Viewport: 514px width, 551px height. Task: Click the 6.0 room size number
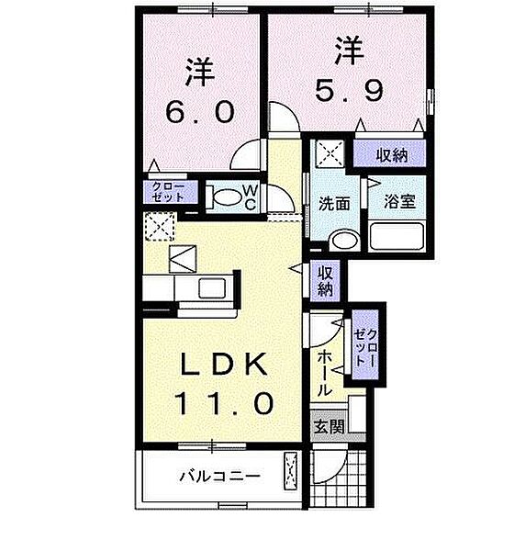click(x=201, y=112)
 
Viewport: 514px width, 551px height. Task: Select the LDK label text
click(x=224, y=365)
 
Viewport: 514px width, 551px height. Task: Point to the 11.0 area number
click(x=224, y=402)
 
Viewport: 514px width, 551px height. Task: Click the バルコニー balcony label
click(x=219, y=476)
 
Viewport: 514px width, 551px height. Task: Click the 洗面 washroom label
click(x=333, y=203)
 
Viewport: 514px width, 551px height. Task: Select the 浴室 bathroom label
click(x=399, y=202)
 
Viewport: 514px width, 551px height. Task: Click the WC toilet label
click(x=249, y=197)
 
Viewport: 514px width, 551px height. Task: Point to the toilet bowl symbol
click(x=222, y=197)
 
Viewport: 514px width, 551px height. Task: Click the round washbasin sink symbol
click(x=341, y=242)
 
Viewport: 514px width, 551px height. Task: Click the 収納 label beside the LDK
click(x=326, y=280)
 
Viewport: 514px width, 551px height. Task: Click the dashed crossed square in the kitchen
click(x=160, y=225)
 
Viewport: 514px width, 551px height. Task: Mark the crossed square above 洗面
click(x=328, y=152)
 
